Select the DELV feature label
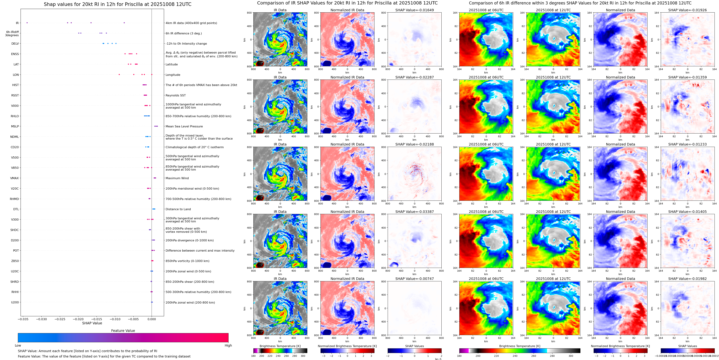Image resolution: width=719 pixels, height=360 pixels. tap(15, 44)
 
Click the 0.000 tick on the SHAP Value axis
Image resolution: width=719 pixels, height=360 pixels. tap(152, 319)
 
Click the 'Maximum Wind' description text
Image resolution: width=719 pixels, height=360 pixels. tap(177, 178)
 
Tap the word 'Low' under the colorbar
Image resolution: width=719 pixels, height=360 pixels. tap(18, 345)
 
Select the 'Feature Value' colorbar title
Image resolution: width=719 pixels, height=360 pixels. tap(123, 331)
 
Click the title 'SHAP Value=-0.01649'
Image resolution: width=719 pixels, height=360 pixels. tap(415, 10)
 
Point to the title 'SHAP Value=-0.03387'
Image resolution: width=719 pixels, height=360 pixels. tap(415, 212)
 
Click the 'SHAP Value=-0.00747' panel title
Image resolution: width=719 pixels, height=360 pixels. tap(415, 279)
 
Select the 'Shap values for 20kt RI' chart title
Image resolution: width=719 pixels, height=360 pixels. tap(117, 4)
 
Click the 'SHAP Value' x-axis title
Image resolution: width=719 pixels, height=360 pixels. tap(92, 323)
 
